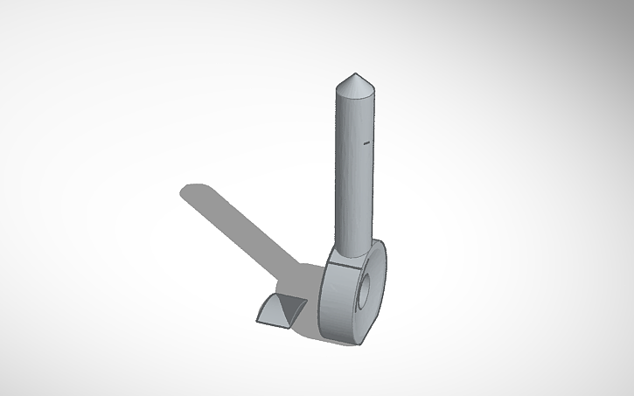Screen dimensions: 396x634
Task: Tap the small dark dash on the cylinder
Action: [366, 141]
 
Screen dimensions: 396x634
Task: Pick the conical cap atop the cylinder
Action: [356, 86]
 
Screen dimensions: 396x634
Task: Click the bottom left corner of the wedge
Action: [258, 321]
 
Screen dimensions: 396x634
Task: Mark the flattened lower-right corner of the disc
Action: [372, 330]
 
